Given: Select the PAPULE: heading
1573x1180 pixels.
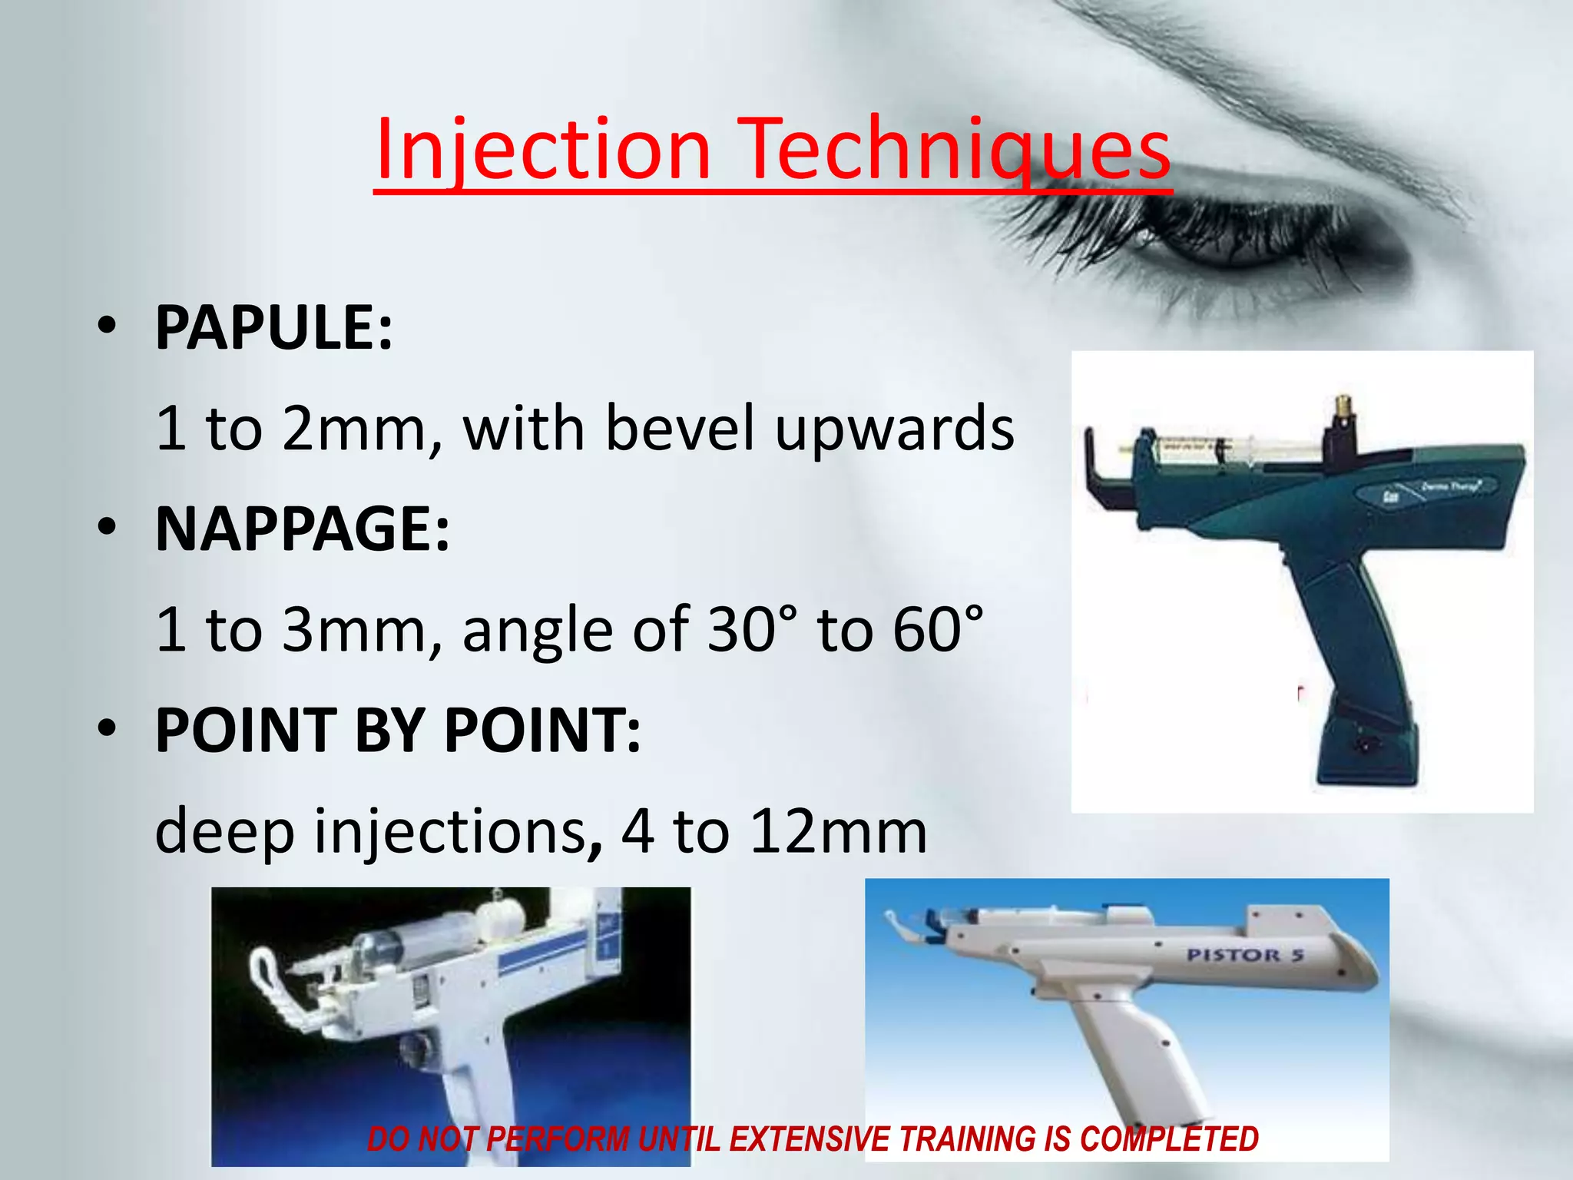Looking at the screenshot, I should (x=273, y=329).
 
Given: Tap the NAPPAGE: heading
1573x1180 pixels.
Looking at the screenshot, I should (x=302, y=530).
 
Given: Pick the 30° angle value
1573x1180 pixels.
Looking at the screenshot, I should (x=753, y=630).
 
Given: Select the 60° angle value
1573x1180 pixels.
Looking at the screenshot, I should (x=938, y=630).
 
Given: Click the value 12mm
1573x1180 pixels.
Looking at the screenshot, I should (x=838, y=832).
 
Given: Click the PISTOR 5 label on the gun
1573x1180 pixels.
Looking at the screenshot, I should (x=1244, y=956).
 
